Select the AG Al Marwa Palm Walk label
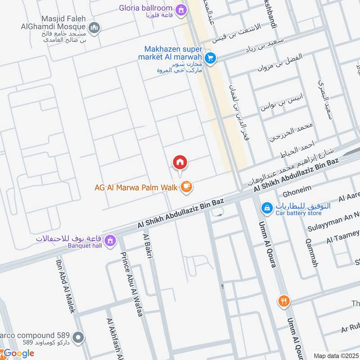(136, 187)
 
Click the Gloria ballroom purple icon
(181, 9)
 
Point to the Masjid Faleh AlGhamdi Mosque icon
(94, 29)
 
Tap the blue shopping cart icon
(210, 58)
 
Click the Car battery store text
(298, 213)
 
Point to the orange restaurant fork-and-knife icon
(283, 301)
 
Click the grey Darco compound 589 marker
(78, 337)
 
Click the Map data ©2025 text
(336, 355)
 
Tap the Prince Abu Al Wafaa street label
(131, 284)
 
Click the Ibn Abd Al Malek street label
(66, 286)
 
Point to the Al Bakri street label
(148, 246)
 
